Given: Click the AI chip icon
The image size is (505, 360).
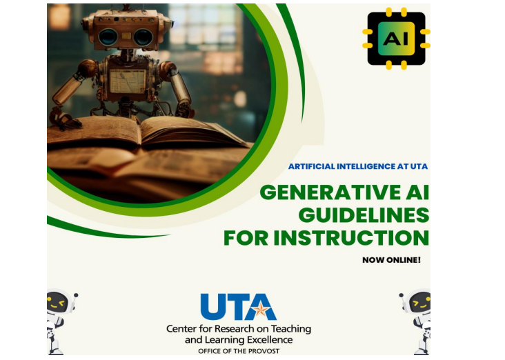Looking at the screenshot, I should (396, 38).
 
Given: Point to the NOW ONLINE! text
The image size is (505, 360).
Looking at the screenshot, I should (391, 260).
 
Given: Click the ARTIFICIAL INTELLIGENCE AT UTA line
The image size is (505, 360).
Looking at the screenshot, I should (358, 166).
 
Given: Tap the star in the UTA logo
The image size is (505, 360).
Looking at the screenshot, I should (260, 310).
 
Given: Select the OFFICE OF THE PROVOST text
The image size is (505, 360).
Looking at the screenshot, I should (239, 351).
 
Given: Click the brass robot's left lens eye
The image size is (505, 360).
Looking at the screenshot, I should (108, 37).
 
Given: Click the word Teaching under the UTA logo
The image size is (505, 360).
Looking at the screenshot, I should (290, 329).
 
